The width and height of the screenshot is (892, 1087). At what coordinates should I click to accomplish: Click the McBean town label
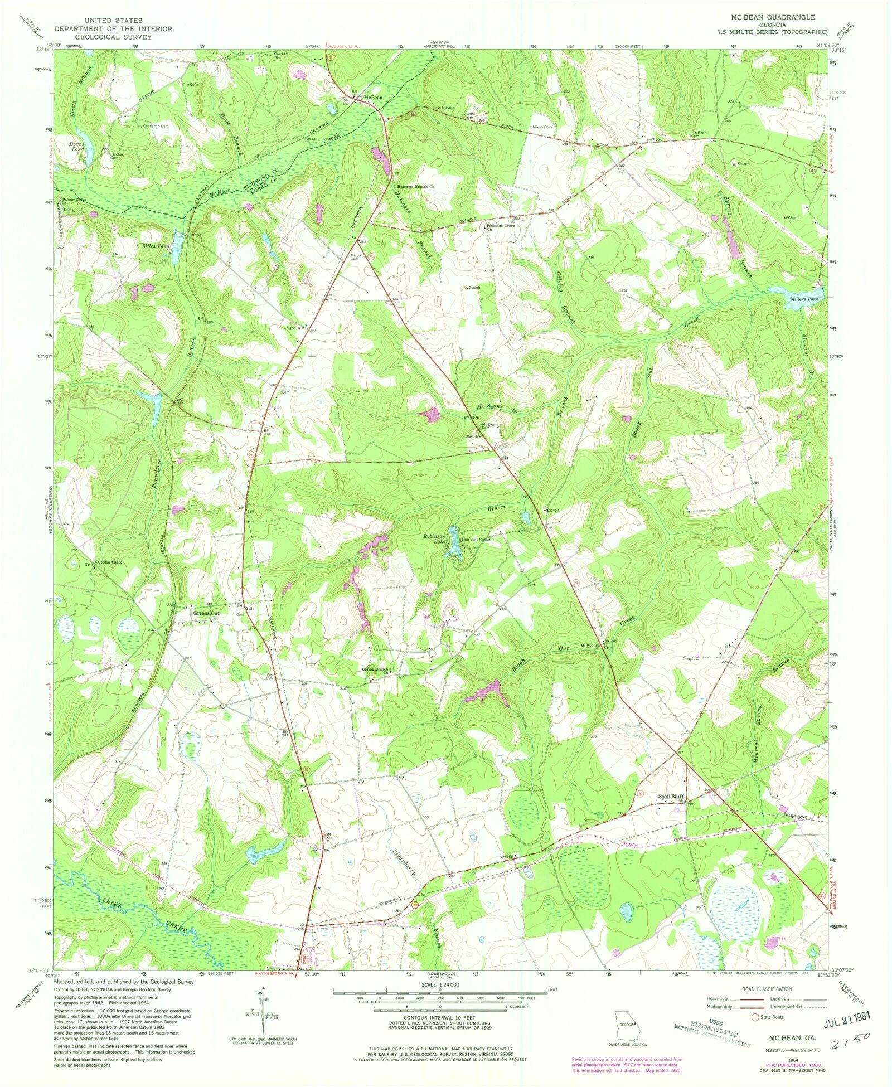tap(373, 98)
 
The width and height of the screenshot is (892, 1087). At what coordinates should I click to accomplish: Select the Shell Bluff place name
tap(671, 797)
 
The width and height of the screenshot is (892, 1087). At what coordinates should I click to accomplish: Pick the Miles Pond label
tap(155, 246)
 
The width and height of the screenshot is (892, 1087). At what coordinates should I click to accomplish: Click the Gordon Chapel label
tap(110, 562)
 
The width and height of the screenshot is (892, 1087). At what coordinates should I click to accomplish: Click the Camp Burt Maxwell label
tap(478, 540)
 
